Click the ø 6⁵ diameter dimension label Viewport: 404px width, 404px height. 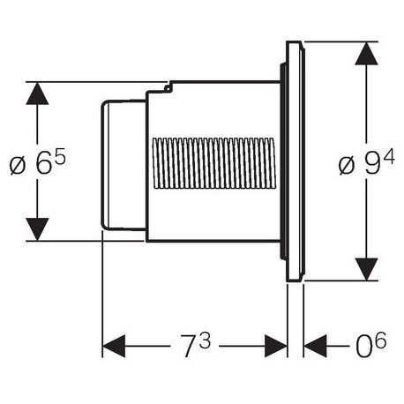tap(37, 164)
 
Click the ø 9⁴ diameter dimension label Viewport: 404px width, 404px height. tap(366, 164)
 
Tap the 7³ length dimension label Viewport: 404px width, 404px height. tap(195, 346)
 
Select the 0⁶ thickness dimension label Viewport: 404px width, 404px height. tap(370, 346)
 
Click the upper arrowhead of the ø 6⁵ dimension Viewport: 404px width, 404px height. tap(37, 94)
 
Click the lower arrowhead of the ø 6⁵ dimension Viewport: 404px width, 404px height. tap(37, 229)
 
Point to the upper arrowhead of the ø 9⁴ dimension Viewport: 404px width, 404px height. tap(366, 53)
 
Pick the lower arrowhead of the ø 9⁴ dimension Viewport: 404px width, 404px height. tap(366, 269)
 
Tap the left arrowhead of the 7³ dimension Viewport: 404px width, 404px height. tap(114, 346)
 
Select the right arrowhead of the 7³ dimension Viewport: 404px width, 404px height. tap(276, 346)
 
